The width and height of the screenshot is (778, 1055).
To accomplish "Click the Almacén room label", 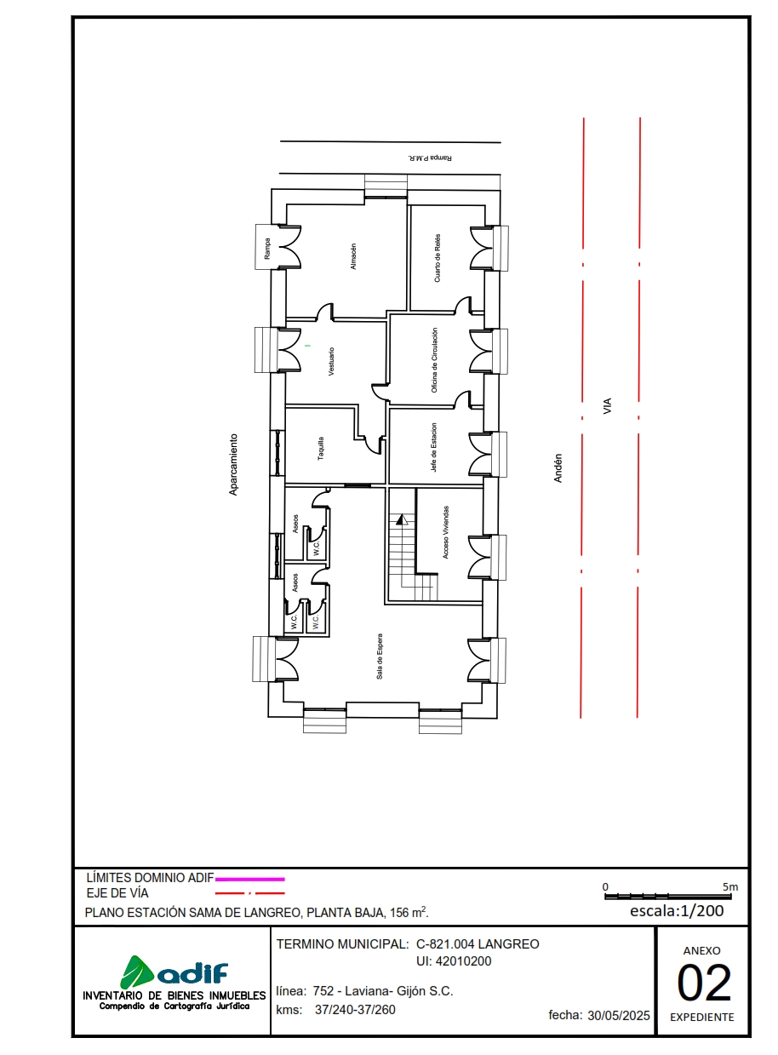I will (x=353, y=257).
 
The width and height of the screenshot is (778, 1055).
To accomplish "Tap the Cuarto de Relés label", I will (x=438, y=257).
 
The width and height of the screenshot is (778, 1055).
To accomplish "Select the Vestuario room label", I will (x=331, y=362).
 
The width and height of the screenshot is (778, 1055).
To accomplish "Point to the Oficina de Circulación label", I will (x=434, y=360).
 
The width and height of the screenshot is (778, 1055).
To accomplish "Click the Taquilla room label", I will (x=321, y=449).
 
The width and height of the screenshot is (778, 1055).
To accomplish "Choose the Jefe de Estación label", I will (x=434, y=448).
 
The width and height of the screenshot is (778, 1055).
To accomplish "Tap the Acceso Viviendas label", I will (x=446, y=532).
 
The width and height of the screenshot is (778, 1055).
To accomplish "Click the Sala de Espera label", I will (x=380, y=656).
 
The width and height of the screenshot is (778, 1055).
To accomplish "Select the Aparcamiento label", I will (x=233, y=465).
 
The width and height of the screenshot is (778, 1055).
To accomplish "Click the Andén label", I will (x=558, y=467).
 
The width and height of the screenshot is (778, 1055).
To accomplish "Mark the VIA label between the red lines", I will (x=608, y=406).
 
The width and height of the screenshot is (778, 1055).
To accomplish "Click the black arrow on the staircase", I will (x=403, y=519).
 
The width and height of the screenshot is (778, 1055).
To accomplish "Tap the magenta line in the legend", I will (x=249, y=878).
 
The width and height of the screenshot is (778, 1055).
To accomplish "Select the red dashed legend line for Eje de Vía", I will (x=249, y=893).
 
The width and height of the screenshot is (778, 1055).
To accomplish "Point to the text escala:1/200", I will (x=677, y=911).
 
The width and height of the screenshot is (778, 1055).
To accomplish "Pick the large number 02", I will (x=704, y=983).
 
